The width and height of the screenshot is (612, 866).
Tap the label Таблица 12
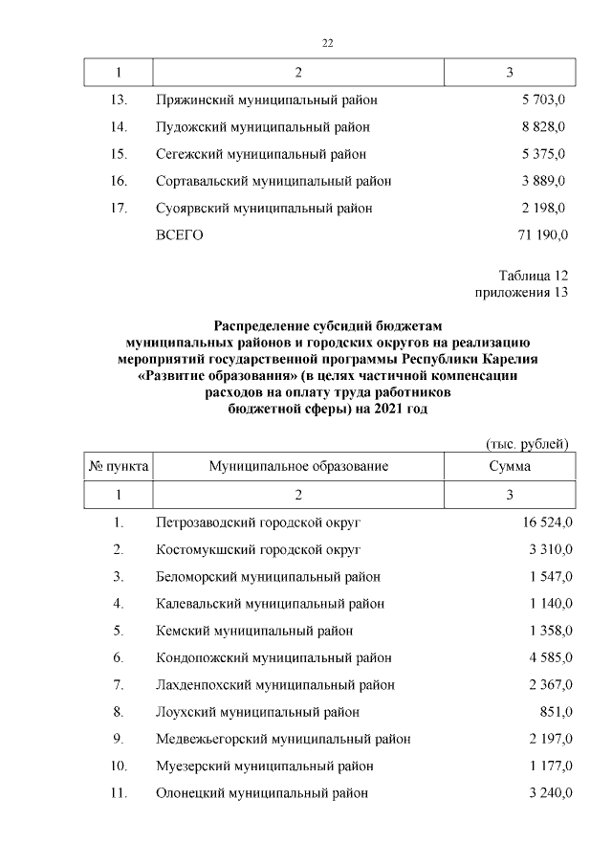click(x=534, y=277)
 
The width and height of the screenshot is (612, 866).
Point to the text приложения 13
click(x=521, y=293)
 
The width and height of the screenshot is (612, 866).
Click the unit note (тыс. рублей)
click(x=527, y=444)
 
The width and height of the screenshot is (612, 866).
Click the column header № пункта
click(x=119, y=466)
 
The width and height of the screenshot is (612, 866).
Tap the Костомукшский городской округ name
click(x=257, y=549)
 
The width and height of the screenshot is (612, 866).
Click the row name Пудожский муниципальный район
click(x=262, y=126)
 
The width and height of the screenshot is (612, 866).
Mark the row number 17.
click(x=119, y=208)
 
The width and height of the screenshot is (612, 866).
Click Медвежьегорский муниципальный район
click(x=282, y=739)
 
